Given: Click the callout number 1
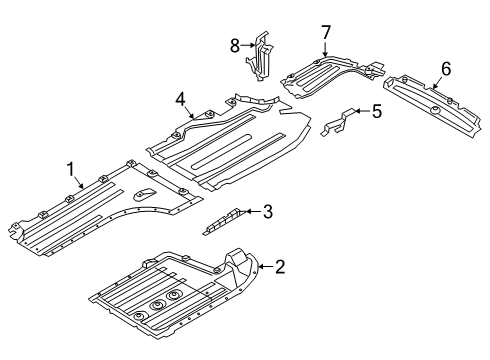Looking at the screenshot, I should (71, 167).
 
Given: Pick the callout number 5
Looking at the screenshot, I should (376, 111).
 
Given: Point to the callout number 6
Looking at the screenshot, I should (446, 68).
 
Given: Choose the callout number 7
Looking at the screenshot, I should (326, 35).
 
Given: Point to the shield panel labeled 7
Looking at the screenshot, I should (330, 76).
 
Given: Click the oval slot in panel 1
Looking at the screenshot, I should (145, 193).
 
